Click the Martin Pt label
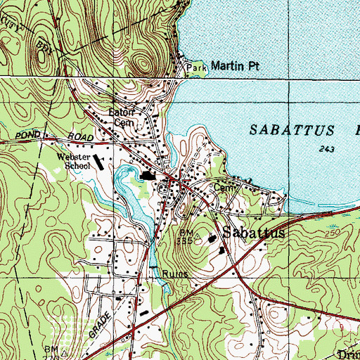click(x=223, y=65)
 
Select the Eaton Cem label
click(x=120, y=116)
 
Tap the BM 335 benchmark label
click(x=186, y=236)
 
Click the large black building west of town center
click(x=148, y=176)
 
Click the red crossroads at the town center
click(x=181, y=185)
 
